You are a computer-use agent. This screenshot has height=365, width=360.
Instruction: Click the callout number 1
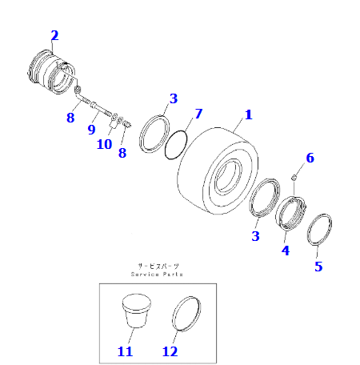click(248, 114)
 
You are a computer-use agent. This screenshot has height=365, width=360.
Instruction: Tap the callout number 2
click(54, 35)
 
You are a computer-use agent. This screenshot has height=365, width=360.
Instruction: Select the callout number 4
click(285, 250)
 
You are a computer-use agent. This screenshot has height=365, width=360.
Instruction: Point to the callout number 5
click(318, 267)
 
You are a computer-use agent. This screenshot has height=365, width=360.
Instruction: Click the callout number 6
click(310, 158)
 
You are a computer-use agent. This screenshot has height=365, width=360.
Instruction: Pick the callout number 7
click(198, 114)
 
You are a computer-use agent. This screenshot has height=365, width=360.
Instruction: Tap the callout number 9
click(91, 129)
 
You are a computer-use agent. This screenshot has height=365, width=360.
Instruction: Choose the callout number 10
click(105, 144)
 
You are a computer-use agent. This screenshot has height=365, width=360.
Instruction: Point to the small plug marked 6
click(294, 176)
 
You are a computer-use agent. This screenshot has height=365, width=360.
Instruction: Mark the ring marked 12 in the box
click(185, 314)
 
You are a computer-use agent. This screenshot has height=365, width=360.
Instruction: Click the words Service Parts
click(157, 274)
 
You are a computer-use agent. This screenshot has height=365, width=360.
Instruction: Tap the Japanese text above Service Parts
click(157, 265)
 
